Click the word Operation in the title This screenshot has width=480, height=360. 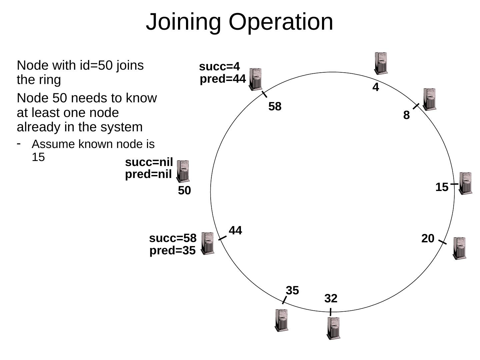click(281, 22)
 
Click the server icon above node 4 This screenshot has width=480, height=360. click(381, 63)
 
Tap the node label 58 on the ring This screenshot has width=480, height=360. click(275, 107)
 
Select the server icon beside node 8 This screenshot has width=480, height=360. click(429, 99)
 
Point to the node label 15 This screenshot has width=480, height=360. click(442, 187)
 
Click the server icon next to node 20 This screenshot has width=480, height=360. click(459, 248)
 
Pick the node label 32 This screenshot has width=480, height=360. click(331, 298)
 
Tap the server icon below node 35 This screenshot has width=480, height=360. click(282, 320)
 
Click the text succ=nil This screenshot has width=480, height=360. click(149, 162)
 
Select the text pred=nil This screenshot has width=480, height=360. click(148, 174)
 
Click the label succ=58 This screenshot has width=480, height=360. click(173, 238)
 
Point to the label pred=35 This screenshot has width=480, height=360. click(172, 251)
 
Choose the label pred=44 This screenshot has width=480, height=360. click(223, 79)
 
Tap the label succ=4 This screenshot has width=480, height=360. click(219, 67)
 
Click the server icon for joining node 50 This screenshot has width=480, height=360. click(183, 171)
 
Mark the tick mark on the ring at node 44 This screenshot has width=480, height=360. click(222, 238)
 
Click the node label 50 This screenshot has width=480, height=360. click(184, 191)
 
